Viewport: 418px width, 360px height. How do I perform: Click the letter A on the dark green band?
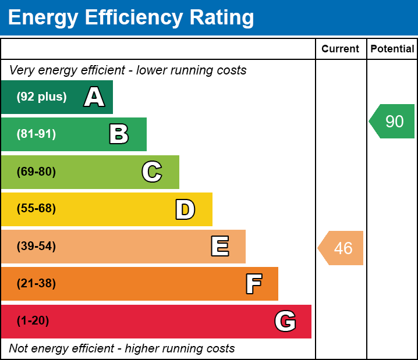(x=94, y=97)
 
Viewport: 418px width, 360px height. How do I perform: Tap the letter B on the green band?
(x=119, y=134)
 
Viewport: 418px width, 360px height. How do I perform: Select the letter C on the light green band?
(x=152, y=172)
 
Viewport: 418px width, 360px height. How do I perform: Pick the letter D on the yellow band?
(x=185, y=209)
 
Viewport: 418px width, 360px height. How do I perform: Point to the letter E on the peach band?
(x=219, y=247)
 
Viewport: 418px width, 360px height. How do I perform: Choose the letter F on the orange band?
(x=253, y=284)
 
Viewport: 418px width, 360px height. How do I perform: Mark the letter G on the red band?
(x=285, y=321)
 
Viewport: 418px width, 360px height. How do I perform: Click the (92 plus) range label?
(x=41, y=97)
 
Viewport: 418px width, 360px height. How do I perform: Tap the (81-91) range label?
(x=36, y=134)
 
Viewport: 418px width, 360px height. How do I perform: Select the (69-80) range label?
(x=36, y=172)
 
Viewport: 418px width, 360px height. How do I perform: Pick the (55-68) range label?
(x=36, y=209)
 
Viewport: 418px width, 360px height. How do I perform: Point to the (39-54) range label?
(x=36, y=247)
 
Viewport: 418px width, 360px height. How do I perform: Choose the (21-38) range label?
(x=36, y=284)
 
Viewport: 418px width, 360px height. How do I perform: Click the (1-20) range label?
(x=33, y=321)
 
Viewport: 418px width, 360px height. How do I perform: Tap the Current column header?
(x=341, y=49)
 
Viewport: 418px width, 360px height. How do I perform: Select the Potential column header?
(x=392, y=49)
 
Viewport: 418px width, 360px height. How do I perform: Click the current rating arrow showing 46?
(x=341, y=248)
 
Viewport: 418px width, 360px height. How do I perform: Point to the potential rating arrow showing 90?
(x=393, y=122)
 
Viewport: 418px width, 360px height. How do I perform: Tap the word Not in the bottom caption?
(x=18, y=349)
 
